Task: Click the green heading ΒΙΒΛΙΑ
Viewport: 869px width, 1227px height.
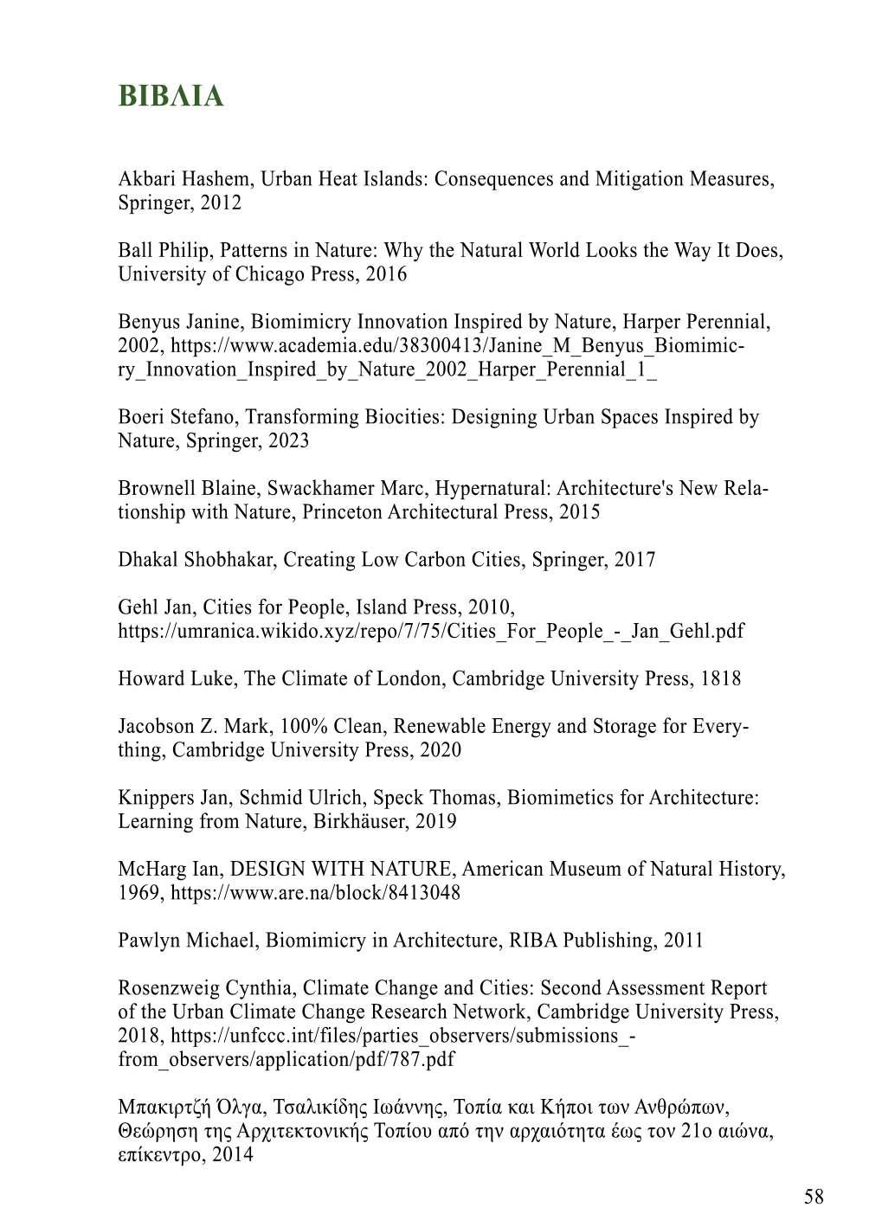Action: tap(171, 96)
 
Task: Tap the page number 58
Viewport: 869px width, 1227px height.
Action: tap(814, 1197)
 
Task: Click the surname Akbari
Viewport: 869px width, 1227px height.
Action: tap(146, 179)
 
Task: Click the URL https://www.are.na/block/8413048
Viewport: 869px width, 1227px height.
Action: tap(316, 892)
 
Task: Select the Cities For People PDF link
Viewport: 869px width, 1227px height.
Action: tap(431, 631)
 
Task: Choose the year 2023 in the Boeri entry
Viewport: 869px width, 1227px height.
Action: tap(288, 440)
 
